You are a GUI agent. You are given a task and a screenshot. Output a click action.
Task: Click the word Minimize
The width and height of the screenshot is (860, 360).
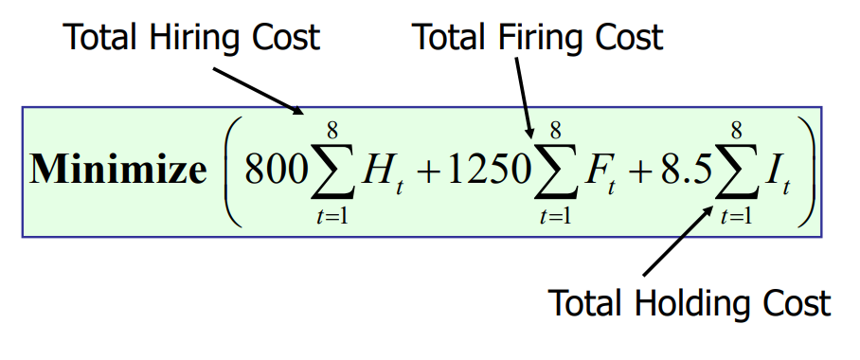click(118, 170)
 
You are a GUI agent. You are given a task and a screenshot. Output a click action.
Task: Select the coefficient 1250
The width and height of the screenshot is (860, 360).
click(477, 170)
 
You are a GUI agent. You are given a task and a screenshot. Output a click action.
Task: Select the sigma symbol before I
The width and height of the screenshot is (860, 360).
click(733, 170)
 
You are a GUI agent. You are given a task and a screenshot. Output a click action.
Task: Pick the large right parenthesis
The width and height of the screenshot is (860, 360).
click(806, 170)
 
